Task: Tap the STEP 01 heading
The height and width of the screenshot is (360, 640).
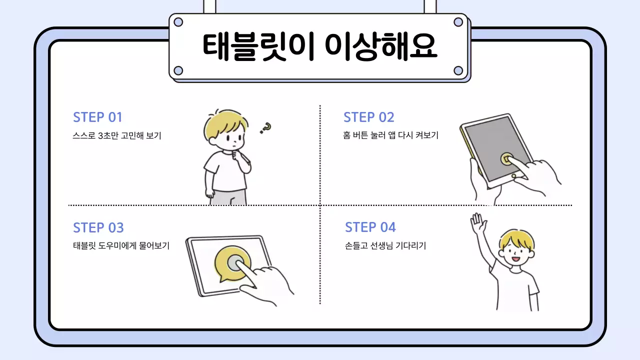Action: [x=97, y=117]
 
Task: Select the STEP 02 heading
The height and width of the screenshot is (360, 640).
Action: [x=368, y=117]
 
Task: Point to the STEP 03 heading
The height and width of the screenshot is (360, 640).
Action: [x=98, y=228]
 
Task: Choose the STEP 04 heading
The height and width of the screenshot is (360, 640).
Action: [x=370, y=227]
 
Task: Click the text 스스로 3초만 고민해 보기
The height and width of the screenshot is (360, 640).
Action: [x=117, y=136]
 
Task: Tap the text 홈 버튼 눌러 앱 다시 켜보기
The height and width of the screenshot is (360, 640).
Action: [x=390, y=135]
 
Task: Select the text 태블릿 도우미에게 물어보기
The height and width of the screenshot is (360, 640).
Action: [x=121, y=246]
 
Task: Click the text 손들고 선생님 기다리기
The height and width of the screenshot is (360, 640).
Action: [x=385, y=246]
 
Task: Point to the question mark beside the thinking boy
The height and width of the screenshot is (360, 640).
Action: [x=265, y=128]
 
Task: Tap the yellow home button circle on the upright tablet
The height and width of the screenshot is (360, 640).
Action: [x=506, y=159]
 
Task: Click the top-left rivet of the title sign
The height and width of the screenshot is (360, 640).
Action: [x=178, y=22]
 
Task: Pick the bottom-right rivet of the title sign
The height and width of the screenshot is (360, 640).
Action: [x=458, y=70]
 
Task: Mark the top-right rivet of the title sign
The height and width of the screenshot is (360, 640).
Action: [x=458, y=22]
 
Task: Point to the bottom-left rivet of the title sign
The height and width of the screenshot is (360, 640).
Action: [x=178, y=70]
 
